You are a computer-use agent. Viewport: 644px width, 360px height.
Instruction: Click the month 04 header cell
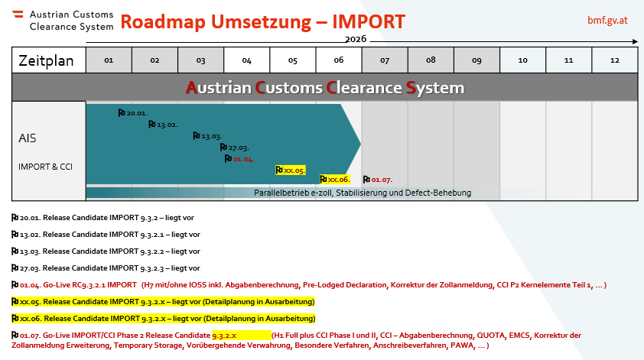click(x=247, y=60)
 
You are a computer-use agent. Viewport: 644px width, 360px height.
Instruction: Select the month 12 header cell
click(x=615, y=60)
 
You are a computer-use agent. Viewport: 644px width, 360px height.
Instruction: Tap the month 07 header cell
click(x=385, y=60)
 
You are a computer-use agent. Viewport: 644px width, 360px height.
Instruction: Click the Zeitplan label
click(x=46, y=60)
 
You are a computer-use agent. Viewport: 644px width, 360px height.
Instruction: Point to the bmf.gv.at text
click(x=607, y=20)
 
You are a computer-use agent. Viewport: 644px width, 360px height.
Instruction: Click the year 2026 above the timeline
click(x=356, y=39)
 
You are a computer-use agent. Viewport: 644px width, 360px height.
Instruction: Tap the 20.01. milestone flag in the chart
click(x=132, y=113)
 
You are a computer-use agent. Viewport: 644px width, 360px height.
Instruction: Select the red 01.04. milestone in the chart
click(x=239, y=159)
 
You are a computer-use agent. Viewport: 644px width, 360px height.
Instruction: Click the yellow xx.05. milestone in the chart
click(x=291, y=170)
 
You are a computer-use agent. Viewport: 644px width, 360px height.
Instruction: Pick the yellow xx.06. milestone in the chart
click(x=335, y=180)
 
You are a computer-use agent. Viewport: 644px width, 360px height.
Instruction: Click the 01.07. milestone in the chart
click(x=378, y=180)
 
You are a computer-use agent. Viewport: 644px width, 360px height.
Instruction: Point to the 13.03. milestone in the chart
click(x=207, y=136)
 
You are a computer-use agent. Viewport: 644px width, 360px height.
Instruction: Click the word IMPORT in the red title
click(x=369, y=21)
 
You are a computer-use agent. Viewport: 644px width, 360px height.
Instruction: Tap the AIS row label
click(x=27, y=138)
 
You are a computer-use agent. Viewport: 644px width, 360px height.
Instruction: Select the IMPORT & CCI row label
click(x=45, y=167)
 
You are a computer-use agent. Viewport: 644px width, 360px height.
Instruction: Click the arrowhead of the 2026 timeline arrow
click(x=636, y=41)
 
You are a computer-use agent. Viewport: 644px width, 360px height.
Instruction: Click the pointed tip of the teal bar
click(x=360, y=144)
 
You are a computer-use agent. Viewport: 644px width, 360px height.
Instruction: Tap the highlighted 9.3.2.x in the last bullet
click(x=224, y=336)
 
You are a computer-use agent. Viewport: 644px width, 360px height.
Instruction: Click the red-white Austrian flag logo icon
click(x=18, y=14)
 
